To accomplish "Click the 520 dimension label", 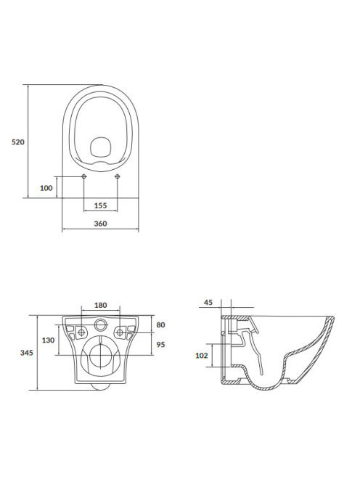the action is [x=18, y=142].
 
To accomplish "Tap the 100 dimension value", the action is [x=46, y=188].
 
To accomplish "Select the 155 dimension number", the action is [x=101, y=205].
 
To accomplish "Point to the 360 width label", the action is [x=101, y=224].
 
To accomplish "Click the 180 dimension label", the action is [x=101, y=305].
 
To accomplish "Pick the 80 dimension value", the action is [x=161, y=324].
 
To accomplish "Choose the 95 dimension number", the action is [x=161, y=344].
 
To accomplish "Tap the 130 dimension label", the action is [x=49, y=340].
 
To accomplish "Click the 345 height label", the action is [x=27, y=353].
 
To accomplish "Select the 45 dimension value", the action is [x=208, y=302].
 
